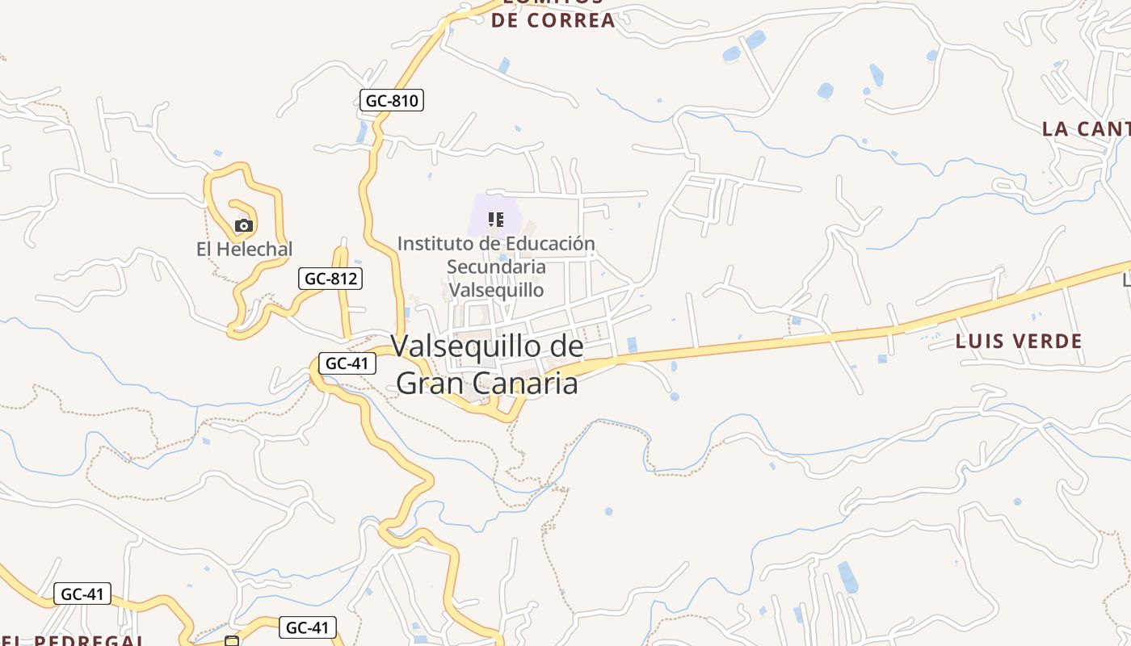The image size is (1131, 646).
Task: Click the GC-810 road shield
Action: click(x=392, y=100)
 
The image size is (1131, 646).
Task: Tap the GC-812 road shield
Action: click(x=330, y=279)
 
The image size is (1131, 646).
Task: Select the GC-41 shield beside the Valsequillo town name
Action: click(x=347, y=363)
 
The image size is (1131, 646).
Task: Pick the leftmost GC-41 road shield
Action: click(x=82, y=594)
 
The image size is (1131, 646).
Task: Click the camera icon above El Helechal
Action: click(x=244, y=225)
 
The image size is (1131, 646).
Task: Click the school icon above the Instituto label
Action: click(x=496, y=219)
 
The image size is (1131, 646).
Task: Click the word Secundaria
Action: click(x=496, y=266)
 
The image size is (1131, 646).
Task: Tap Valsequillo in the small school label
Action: click(x=496, y=289)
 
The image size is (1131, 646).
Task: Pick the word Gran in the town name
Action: click(x=430, y=383)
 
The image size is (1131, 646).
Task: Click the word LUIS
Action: click(x=978, y=341)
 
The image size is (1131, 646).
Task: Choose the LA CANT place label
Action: click(x=1086, y=128)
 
